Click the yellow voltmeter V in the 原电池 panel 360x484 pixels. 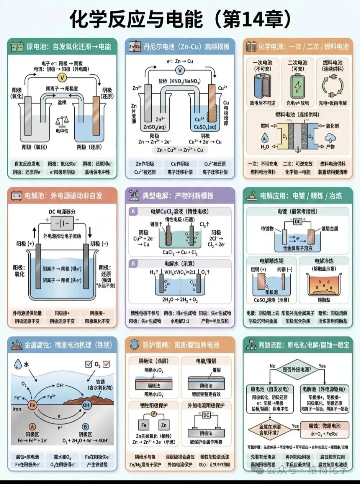coord(62,78)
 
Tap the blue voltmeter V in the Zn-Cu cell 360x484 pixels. coord(180,70)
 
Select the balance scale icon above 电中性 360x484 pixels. coord(62,122)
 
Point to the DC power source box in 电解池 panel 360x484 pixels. coord(62,223)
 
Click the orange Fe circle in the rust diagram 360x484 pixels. coord(32,405)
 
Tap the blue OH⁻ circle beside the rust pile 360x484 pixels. coord(86,405)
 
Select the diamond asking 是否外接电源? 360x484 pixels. coord(297,369)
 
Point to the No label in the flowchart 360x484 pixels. coord(272,366)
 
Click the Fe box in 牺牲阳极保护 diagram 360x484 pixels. coord(144,425)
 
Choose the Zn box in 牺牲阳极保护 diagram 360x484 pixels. coord(164,425)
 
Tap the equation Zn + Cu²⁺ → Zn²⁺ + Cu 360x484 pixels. coord(180,150)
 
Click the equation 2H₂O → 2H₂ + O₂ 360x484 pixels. coord(180,299)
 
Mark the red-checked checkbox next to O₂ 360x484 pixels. coord(107,364)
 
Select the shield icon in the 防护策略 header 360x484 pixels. coord(134,345)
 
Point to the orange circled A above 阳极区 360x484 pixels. coord(32,427)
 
